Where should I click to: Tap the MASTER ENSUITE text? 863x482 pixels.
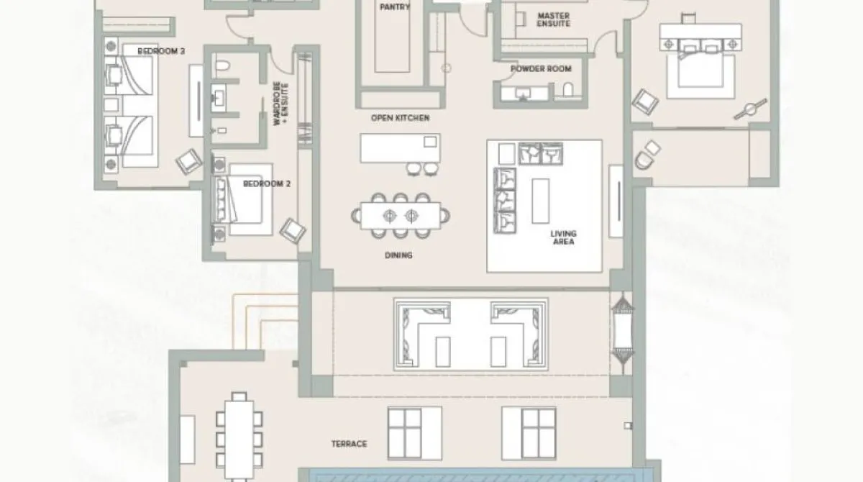coord(554,19)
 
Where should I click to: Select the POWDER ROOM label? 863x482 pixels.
coord(541,69)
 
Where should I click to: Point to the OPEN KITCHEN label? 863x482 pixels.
coord(400,117)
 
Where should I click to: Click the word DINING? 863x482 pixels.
coord(398,255)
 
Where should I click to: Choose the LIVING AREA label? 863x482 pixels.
coord(563,237)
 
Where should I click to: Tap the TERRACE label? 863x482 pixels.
coord(349,444)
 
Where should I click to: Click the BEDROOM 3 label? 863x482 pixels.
coord(162,51)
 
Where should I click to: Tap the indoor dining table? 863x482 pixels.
coord(401,214)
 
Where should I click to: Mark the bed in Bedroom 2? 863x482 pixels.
coord(242,206)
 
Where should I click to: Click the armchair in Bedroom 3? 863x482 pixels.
coord(188,162)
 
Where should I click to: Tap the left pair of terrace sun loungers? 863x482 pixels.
coord(414,429)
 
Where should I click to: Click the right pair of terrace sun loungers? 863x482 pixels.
coord(529,429)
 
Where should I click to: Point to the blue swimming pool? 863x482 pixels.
coord(475,475)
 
